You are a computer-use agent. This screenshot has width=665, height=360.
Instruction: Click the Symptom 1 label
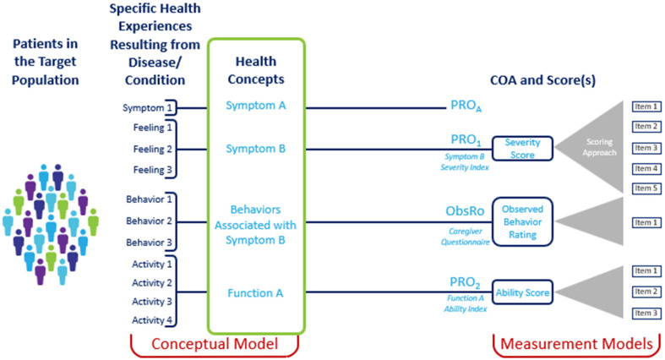147,108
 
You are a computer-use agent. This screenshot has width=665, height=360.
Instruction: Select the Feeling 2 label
153,150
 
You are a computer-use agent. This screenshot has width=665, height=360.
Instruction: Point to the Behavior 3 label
149,243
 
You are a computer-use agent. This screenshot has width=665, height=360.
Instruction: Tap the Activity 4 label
152,320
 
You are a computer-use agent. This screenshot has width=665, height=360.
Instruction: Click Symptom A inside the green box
256,105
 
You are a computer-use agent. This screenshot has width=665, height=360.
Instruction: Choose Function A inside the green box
255,293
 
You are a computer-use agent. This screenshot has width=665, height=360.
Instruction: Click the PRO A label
466,106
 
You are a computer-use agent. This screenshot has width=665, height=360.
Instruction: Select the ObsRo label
465,210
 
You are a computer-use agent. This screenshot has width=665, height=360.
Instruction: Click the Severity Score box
522,149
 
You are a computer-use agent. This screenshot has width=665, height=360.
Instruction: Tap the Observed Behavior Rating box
522,221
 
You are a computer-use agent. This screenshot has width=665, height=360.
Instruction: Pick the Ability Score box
522,292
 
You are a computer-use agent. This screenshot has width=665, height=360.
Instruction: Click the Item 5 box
646,188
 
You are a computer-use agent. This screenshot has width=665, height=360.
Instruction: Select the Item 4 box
646,168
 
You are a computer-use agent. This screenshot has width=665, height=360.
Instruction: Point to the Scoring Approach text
599,147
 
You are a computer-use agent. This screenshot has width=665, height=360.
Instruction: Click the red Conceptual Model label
215,344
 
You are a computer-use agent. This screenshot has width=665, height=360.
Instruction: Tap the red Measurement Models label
577,344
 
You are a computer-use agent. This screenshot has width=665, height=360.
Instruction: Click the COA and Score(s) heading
542,80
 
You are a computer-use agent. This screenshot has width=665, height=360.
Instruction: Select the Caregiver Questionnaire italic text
466,237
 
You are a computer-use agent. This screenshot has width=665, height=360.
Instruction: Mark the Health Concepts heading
256,70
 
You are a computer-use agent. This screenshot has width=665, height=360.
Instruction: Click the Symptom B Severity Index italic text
465,162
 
